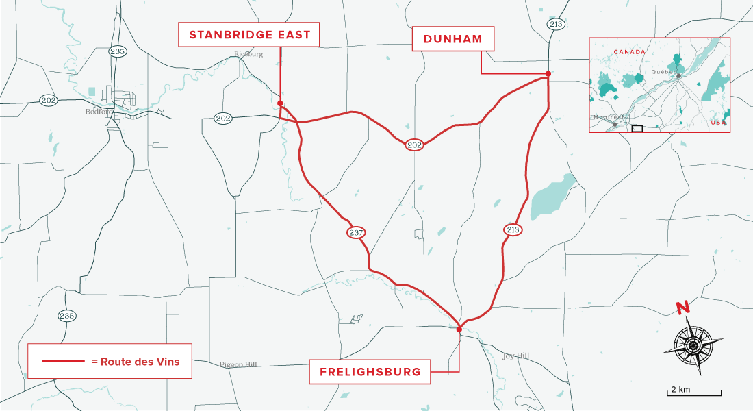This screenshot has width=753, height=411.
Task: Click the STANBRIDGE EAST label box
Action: coord(248,34)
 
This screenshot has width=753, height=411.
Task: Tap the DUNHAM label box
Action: coord(452,40)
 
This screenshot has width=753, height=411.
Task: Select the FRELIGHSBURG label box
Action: coord(369,373)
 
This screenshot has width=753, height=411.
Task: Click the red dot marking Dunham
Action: coord(548,74)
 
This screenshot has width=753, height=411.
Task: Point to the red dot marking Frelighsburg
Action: coord(459,329)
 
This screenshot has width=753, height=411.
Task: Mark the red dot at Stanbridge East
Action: coord(281,103)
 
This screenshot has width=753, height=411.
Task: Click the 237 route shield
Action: coord(355,233)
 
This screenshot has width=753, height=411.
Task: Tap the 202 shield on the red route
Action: coord(414,145)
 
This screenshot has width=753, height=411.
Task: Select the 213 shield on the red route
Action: coord(513,229)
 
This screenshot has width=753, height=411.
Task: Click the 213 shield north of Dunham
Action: coord(555,24)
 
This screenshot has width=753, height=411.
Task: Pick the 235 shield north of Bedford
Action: coord(118,51)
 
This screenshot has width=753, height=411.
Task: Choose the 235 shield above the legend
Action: coord(66,316)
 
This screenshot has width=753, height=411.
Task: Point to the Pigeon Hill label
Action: coord(238,364)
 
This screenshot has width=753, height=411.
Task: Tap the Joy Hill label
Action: coord(515,356)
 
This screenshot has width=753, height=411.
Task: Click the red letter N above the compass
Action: coord(682,308)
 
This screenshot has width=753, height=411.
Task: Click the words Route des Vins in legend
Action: coord(140,362)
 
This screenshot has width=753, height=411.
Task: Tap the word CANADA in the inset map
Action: coord(629,52)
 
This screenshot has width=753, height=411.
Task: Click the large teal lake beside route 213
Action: coord(554,195)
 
